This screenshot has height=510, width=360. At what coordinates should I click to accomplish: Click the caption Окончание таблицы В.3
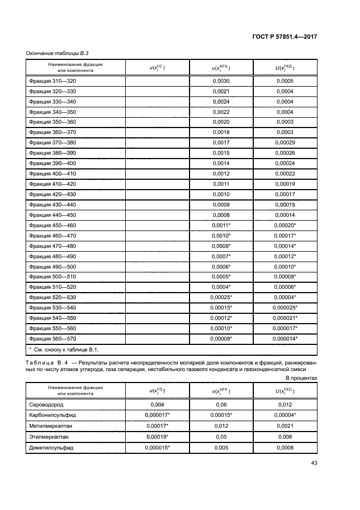58,53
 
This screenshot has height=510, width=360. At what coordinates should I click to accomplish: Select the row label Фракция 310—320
52,81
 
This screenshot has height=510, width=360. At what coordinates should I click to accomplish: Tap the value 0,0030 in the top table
221,81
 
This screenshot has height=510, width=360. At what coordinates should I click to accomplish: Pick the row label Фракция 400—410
52,174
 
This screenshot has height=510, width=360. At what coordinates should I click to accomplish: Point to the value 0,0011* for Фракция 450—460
222,225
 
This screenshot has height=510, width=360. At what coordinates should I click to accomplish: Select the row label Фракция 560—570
52,338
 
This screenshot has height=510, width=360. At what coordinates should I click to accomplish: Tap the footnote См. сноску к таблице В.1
66,349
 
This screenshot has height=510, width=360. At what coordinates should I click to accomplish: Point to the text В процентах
301,377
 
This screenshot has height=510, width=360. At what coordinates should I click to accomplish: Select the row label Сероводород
48,405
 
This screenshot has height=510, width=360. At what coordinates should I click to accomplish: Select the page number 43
313,464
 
